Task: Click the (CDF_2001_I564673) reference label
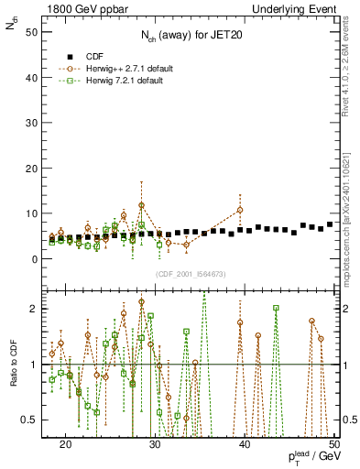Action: (x=191, y=275)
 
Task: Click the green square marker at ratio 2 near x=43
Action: (x=276, y=309)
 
